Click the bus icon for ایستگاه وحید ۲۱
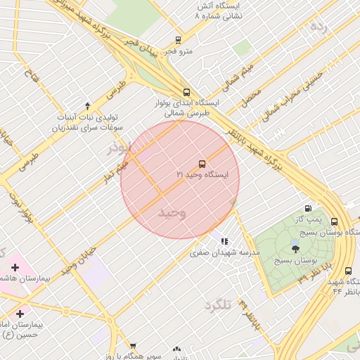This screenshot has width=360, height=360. [x=202, y=163]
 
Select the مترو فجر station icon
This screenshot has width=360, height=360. [x=178, y=40]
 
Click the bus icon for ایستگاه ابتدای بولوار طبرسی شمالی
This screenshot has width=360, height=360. [x=186, y=92]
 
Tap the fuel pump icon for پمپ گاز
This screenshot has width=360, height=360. [x=308, y=208]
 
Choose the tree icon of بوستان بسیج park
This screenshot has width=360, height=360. [x=295, y=248]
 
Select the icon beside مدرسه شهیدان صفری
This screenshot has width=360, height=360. [x=224, y=241]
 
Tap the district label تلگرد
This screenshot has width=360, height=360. [x=218, y=305]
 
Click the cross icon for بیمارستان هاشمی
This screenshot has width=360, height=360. [x=15, y=267]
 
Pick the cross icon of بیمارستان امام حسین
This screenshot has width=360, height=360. [x=20, y=314]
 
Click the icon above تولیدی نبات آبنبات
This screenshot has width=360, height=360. [x=87, y=105]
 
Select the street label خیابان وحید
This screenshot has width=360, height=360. [x=77, y=260]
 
